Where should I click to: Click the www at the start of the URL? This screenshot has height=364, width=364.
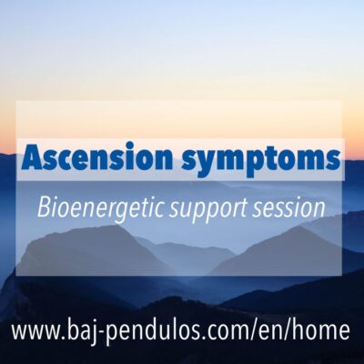(x=35, y=331)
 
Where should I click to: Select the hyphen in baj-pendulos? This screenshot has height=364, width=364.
(x=101, y=332)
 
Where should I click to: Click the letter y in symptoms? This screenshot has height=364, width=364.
(x=205, y=164)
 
